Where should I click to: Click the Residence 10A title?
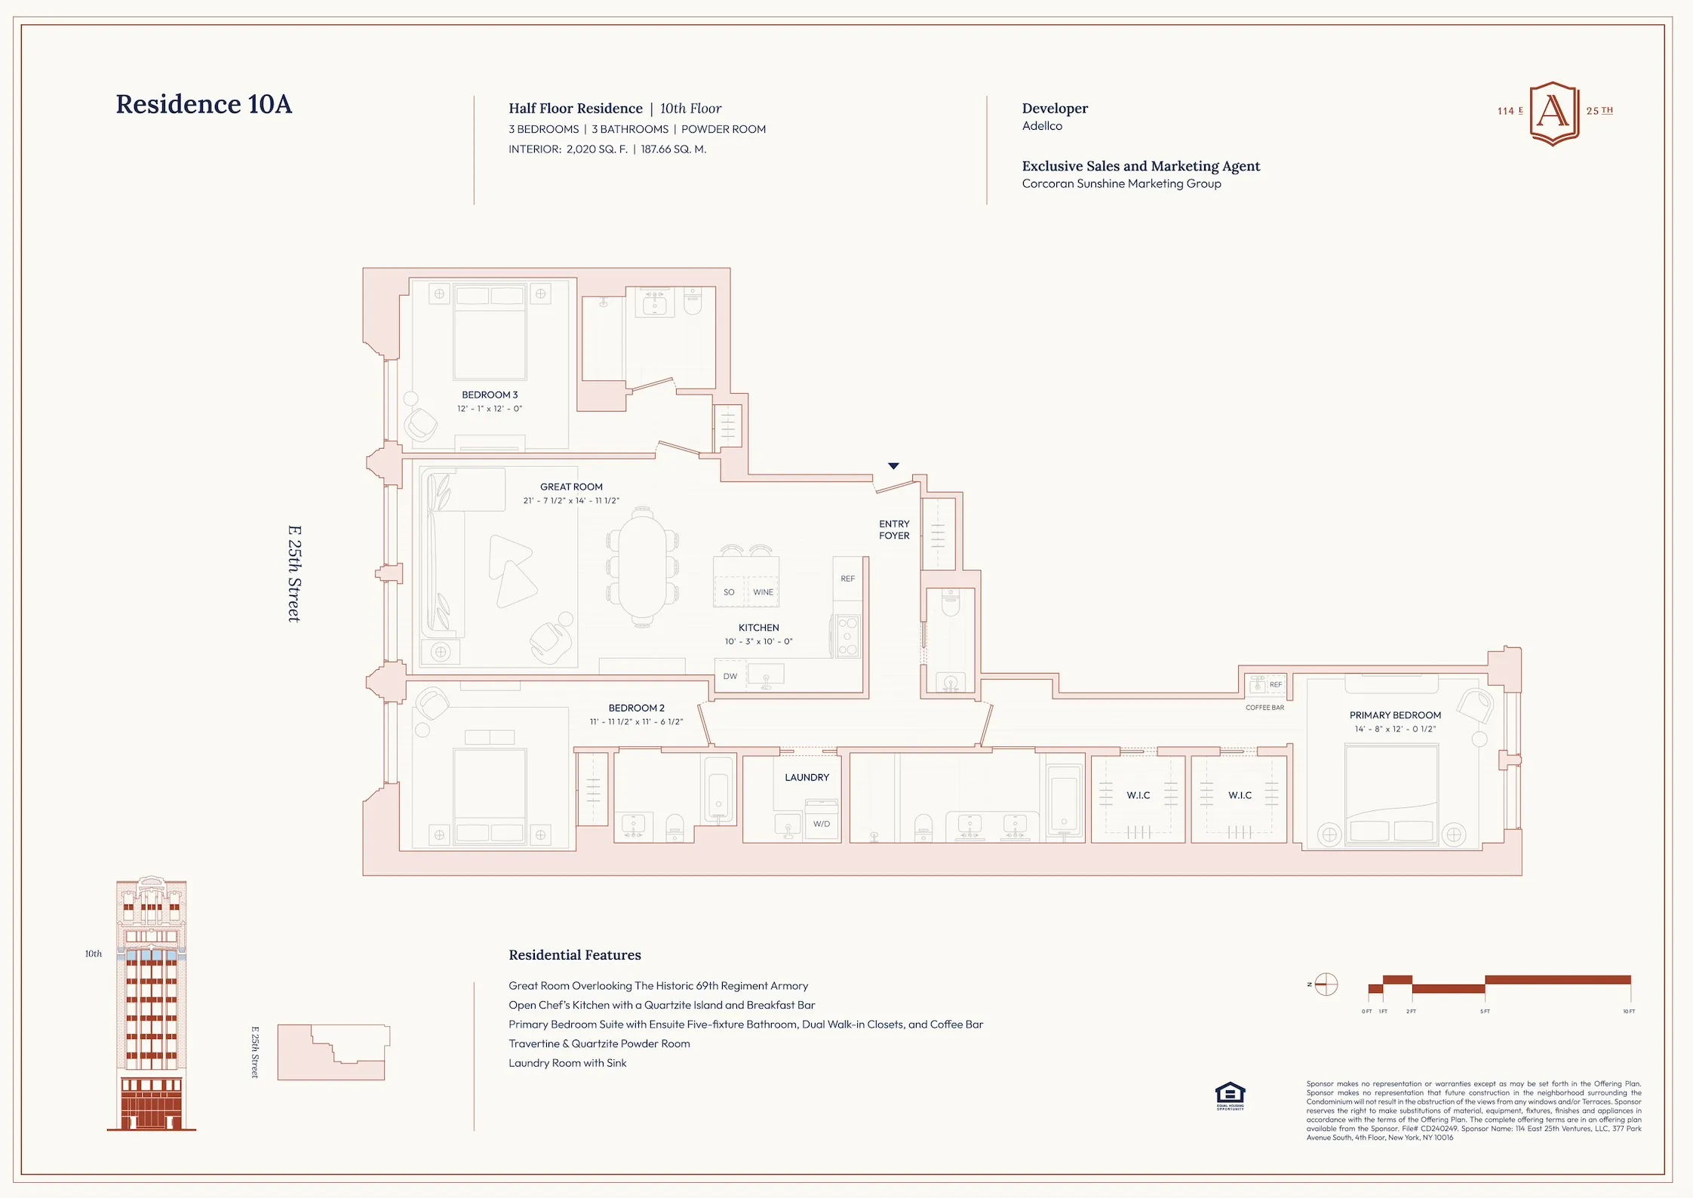click(204, 104)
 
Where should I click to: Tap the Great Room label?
click(571, 487)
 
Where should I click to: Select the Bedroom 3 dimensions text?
click(490, 409)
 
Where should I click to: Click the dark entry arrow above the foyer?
click(893, 466)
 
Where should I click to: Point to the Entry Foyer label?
click(894, 530)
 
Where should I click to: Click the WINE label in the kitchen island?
click(763, 592)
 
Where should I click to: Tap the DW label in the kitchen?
click(730, 677)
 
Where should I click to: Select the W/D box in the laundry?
click(822, 823)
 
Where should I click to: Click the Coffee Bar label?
click(1264, 708)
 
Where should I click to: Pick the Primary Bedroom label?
click(1395, 715)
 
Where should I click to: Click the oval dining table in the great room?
click(642, 566)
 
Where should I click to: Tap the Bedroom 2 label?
click(636, 708)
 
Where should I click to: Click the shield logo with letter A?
click(1553, 113)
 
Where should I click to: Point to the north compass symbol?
click(1326, 985)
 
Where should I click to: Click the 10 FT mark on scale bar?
click(1629, 1011)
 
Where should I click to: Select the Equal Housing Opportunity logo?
click(1230, 1095)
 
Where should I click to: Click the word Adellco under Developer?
click(1042, 126)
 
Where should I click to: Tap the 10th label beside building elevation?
click(93, 954)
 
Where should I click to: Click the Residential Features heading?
click(574, 955)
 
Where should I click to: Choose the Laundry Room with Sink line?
click(567, 1063)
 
